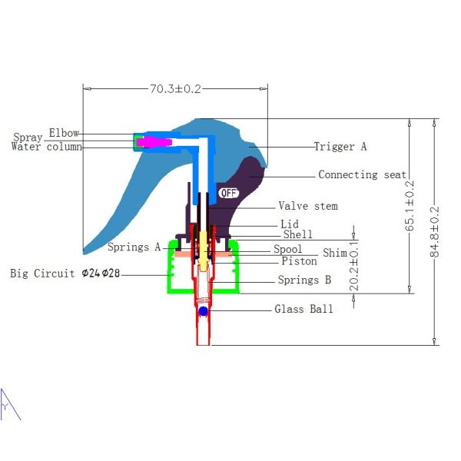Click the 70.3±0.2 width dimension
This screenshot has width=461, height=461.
175,89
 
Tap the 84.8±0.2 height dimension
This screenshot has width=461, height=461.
436,232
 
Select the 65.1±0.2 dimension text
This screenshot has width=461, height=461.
410,206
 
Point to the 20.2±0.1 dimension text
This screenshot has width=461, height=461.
353,267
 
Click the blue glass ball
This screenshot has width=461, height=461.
203,310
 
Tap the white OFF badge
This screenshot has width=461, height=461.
229,192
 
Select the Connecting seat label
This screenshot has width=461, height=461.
363,174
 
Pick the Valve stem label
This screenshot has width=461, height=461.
307,206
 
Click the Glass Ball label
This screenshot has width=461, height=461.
303,309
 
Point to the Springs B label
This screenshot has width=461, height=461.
304,280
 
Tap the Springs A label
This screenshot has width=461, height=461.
134,247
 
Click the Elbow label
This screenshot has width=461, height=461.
64,133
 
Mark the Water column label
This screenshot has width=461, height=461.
46,147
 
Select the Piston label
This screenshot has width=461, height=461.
299,261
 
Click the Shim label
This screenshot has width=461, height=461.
334,253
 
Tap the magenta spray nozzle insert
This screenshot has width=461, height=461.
156,141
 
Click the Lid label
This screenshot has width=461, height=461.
290,224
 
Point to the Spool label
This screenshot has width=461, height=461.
288,250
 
